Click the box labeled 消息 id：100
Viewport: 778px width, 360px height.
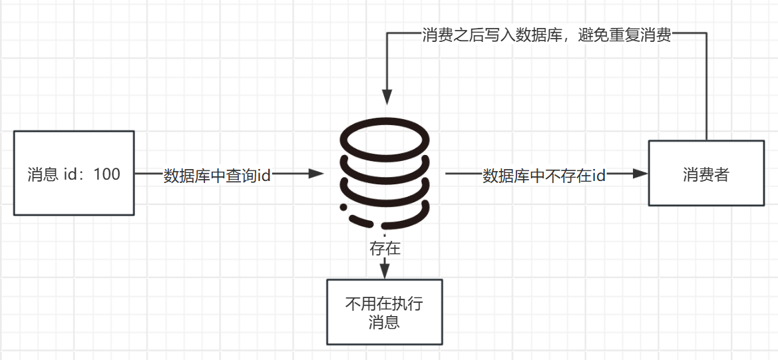74,173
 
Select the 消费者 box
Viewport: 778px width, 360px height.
705,173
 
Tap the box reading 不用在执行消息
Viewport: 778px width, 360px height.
384,312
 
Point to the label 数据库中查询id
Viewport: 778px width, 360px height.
218,176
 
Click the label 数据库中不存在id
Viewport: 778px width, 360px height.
544,176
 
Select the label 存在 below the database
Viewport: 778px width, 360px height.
385,249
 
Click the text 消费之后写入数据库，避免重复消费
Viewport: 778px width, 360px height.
546,36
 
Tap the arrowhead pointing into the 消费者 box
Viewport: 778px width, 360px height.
641,174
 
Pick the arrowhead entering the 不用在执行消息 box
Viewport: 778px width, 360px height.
385,272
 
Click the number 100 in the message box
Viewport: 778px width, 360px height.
107,174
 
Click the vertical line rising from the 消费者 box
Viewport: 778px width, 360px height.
705,87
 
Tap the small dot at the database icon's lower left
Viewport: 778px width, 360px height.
343,208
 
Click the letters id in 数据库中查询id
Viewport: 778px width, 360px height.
264,176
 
